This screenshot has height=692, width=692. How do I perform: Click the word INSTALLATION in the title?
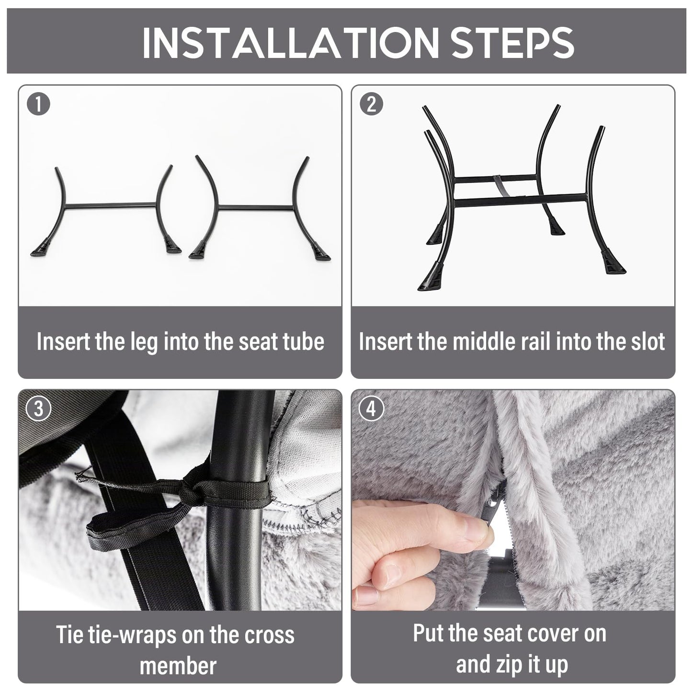click(x=290, y=42)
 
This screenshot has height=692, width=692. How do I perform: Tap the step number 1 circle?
click(x=38, y=104)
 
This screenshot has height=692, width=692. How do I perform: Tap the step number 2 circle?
click(x=371, y=104)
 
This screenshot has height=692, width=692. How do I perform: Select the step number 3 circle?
click(x=38, y=408)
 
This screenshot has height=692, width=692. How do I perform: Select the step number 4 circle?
click(x=371, y=408)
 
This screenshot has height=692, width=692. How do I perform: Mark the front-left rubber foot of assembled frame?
click(x=430, y=278)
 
